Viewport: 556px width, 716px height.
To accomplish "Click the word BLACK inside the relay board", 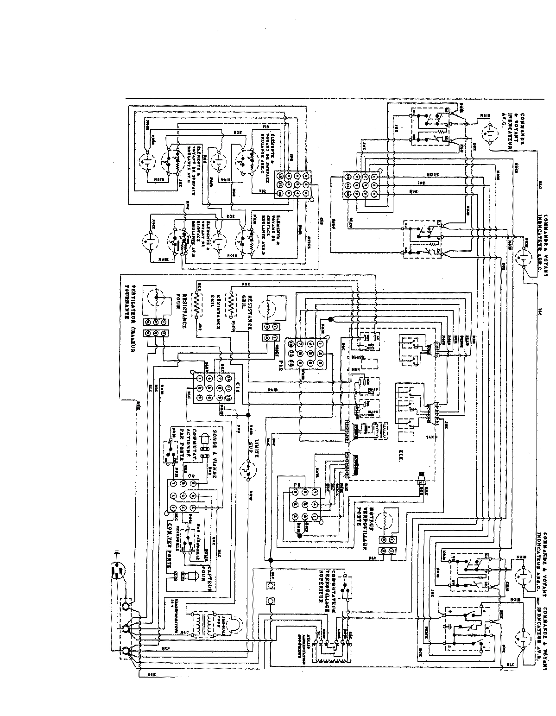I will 358,357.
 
